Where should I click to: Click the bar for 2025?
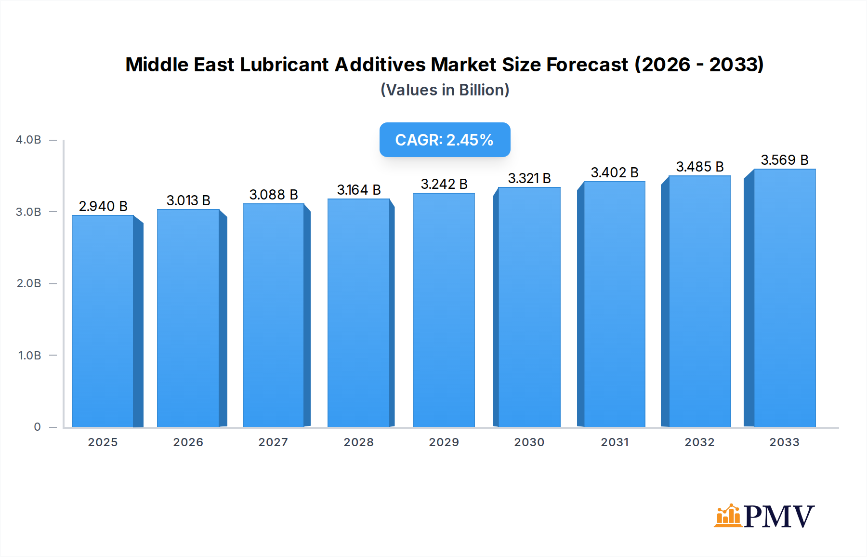coord(103,321)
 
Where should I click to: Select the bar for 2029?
coord(444,310)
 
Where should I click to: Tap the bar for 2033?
coord(785,298)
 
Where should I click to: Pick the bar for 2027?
coord(274,315)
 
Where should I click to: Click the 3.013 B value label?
coord(188,200)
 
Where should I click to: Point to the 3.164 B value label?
coord(359,190)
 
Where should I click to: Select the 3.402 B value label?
coord(615,172)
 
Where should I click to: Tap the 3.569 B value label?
coord(785,160)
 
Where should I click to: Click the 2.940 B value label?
coord(103,206)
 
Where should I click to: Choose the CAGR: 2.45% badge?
coord(445,140)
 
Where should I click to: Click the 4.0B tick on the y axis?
coord(28,140)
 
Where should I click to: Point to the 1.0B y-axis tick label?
coord(29,356)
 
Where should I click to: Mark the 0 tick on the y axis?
coord(37,427)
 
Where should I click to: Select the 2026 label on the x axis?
coord(188,442)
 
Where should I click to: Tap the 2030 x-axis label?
coord(529,442)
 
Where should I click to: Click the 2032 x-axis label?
coord(700,442)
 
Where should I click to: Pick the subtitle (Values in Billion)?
coord(445,90)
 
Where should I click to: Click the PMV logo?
coord(764,516)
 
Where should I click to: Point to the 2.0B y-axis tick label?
coord(29,283)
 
